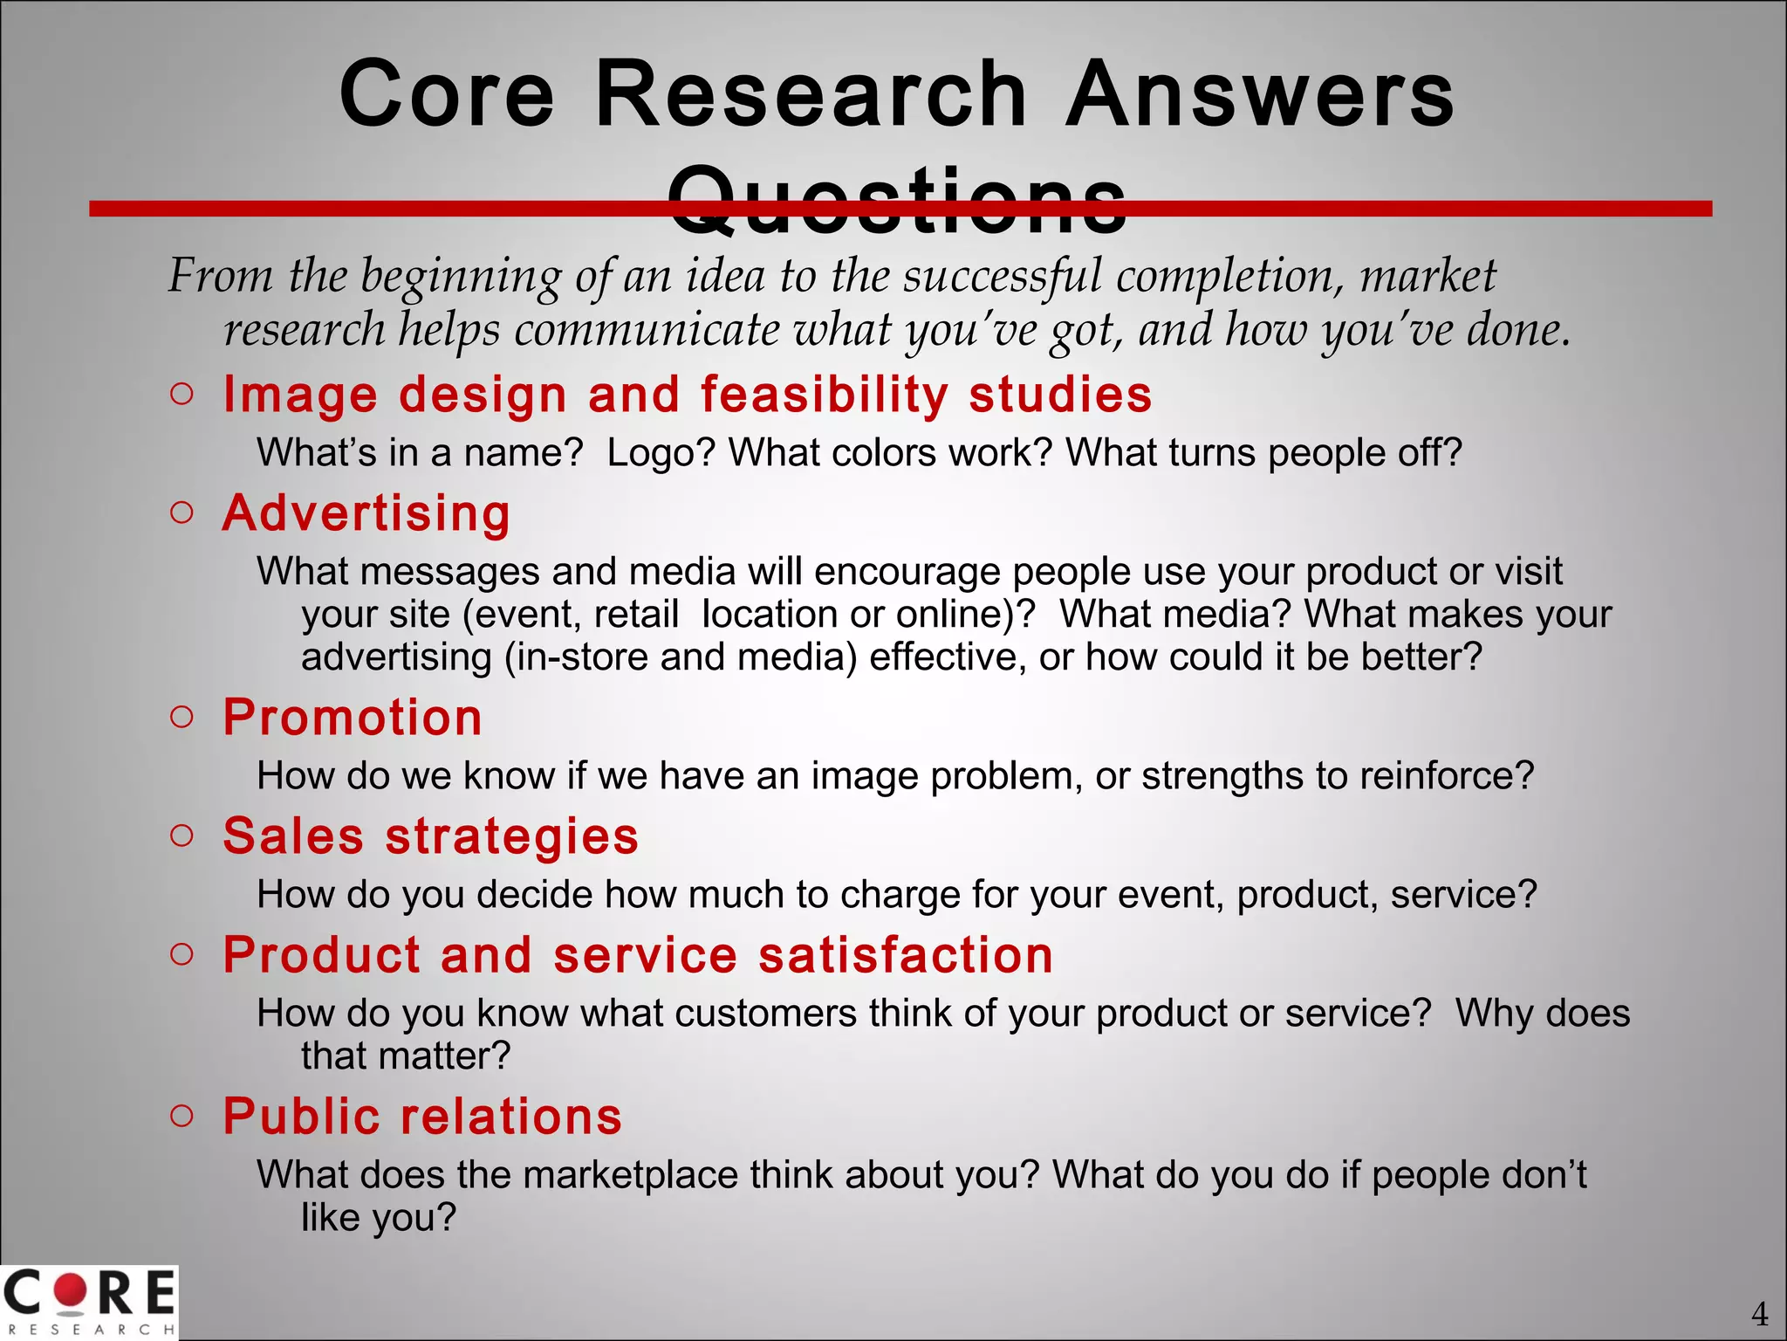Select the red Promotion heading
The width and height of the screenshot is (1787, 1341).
pos(353,718)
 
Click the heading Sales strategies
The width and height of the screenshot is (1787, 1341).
pos(431,836)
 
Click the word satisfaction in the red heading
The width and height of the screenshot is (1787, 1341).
pos(906,954)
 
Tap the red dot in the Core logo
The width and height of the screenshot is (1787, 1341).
pos(71,1291)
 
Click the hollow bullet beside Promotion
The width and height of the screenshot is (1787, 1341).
pos(181,718)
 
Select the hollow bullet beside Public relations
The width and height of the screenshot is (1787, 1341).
pos(181,1116)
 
